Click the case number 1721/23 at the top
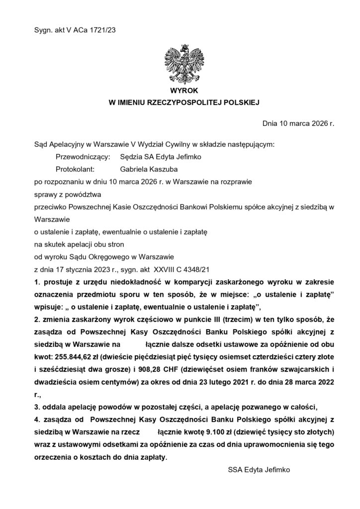(x=102, y=30)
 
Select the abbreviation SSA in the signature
(x=236, y=469)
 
